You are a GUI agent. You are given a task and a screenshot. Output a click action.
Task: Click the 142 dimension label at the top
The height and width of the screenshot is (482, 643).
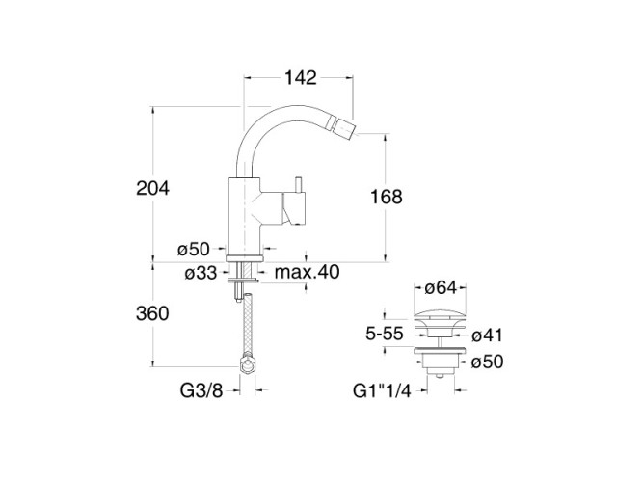click(301, 77)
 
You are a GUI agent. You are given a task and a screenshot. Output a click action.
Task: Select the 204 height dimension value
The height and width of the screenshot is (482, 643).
click(152, 189)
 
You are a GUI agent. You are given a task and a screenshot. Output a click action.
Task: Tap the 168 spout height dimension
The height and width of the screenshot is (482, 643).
click(387, 197)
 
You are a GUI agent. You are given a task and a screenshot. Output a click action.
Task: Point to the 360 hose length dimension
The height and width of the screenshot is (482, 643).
click(152, 314)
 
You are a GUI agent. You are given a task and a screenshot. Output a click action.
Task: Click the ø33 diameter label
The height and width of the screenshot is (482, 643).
click(201, 273)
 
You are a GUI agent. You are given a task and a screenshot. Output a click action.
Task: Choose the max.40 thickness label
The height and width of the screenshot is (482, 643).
click(308, 272)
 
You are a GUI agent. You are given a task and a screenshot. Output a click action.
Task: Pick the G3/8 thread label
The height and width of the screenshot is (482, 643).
click(201, 390)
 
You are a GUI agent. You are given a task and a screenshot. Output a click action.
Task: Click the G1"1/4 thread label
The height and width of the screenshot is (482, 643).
click(382, 390)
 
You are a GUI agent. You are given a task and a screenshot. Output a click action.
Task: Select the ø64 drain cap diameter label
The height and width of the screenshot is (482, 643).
click(441, 287)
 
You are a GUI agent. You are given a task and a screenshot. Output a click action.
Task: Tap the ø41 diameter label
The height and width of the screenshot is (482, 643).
click(487, 335)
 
